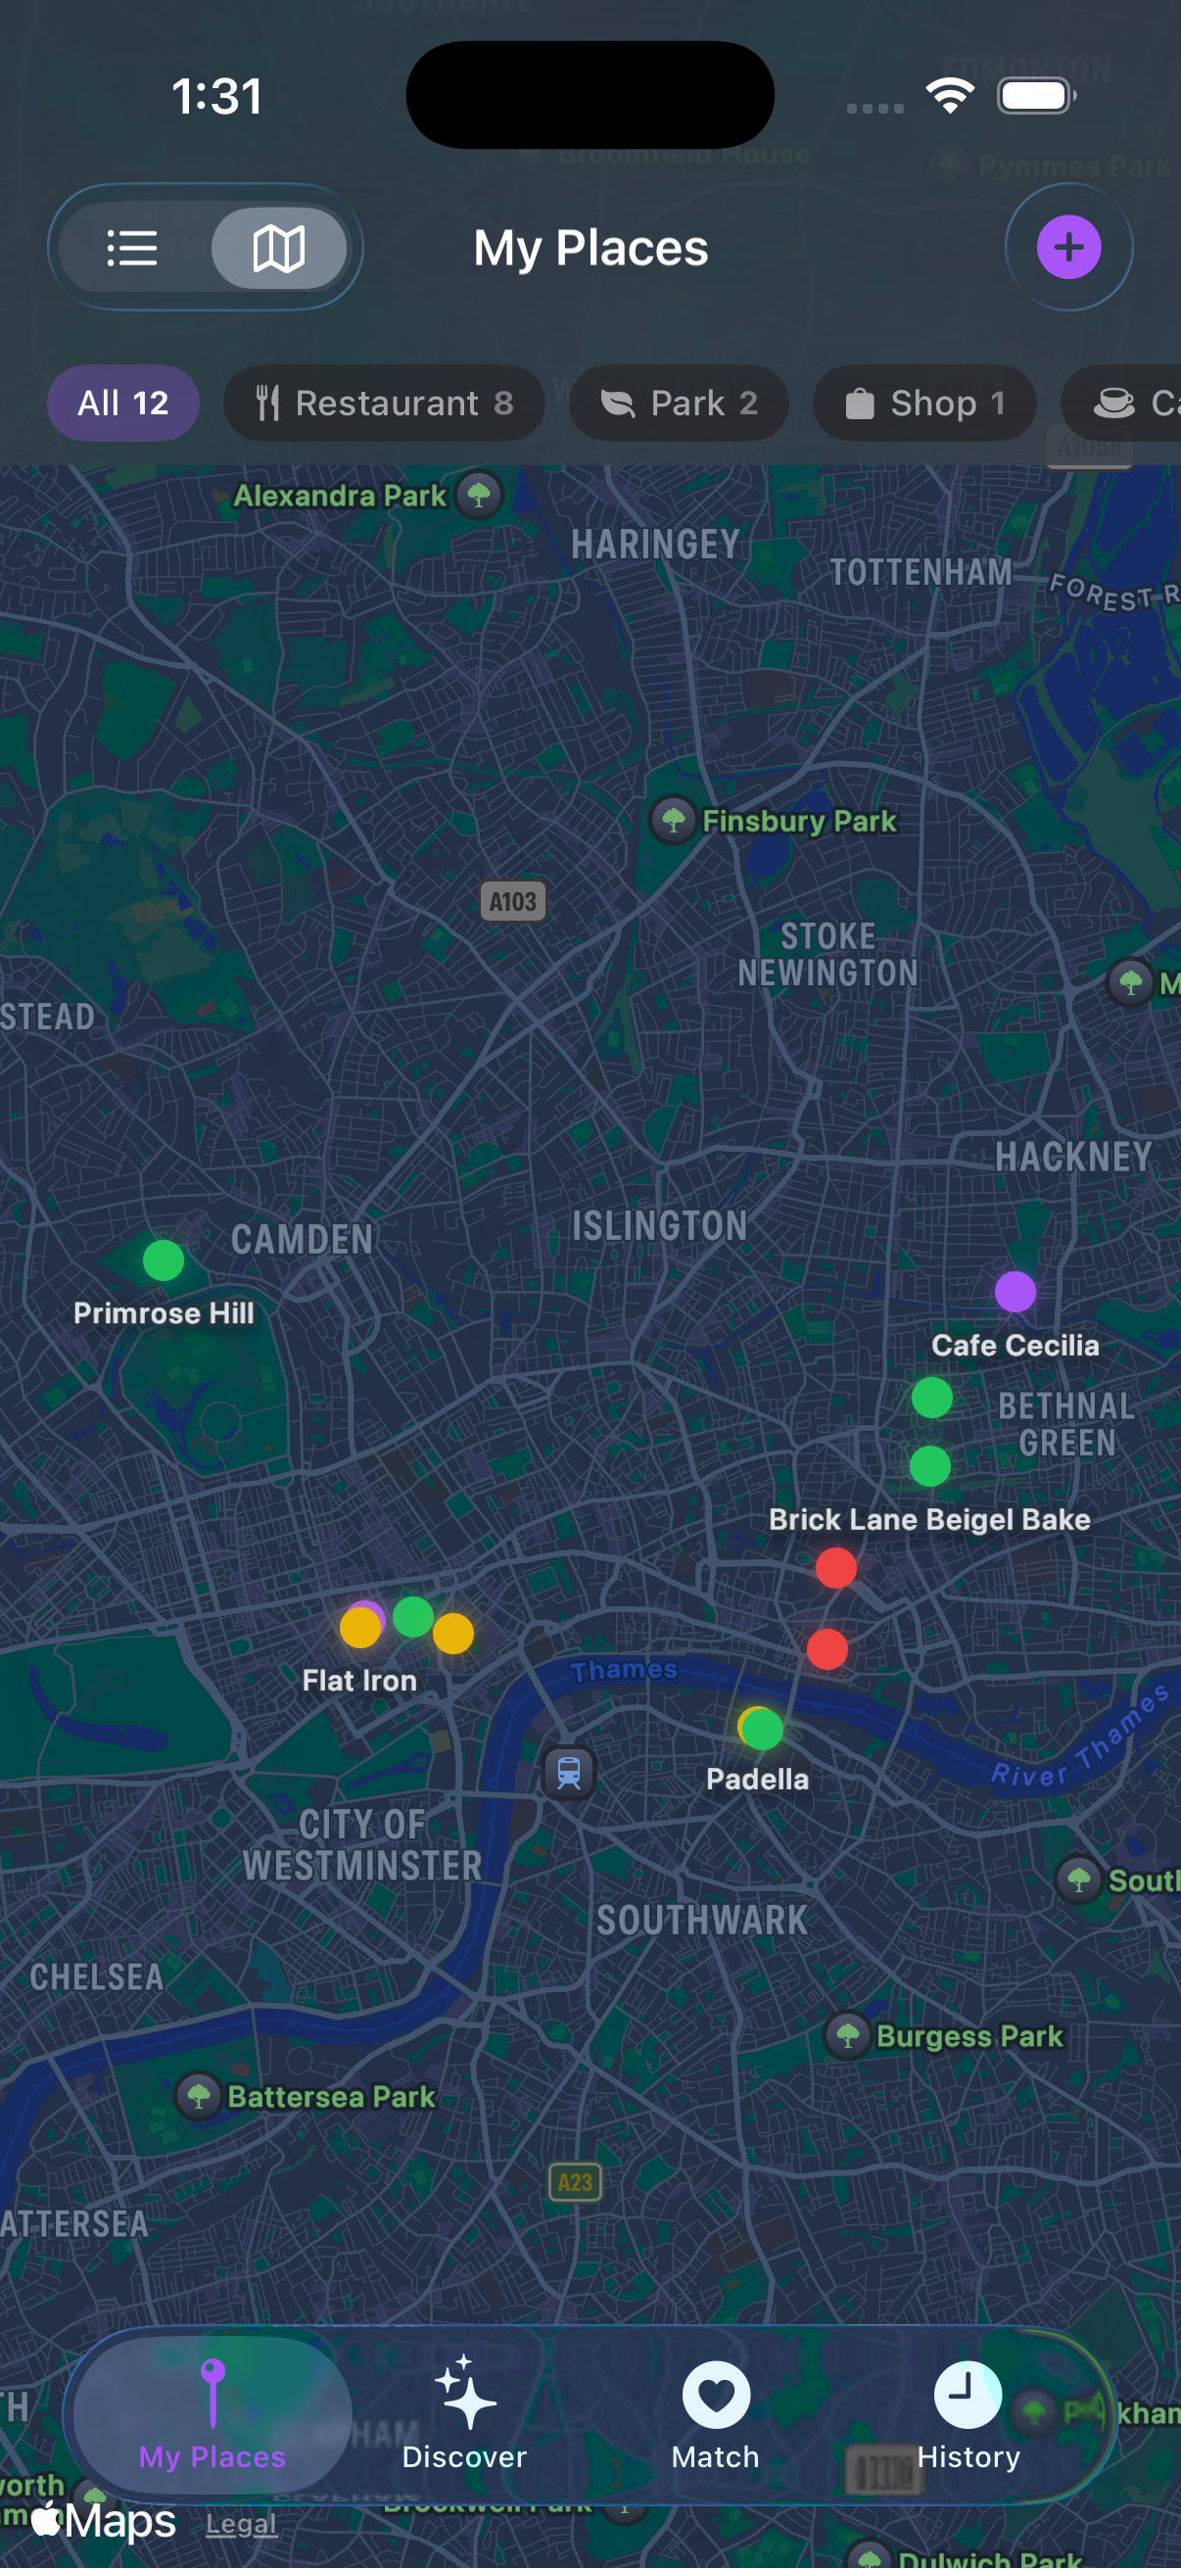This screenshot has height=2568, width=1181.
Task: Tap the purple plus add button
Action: tap(1068, 247)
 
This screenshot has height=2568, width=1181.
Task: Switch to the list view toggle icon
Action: tap(132, 248)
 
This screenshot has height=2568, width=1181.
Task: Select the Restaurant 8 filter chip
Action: tap(384, 403)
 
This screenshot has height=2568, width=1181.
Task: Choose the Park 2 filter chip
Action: tap(679, 403)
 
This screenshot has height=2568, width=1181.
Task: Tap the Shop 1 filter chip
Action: tap(923, 403)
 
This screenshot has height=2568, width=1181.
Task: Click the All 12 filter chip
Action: tap(122, 403)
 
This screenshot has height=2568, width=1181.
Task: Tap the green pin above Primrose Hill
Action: tap(164, 1260)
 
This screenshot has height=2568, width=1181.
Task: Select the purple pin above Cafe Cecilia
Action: tap(1015, 1292)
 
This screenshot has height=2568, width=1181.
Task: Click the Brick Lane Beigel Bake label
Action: tap(929, 1519)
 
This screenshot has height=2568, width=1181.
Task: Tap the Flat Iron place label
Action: tap(359, 1681)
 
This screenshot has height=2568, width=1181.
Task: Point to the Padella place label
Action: tap(757, 1780)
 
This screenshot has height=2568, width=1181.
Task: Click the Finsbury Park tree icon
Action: tap(674, 821)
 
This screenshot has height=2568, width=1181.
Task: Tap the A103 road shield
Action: tap(513, 901)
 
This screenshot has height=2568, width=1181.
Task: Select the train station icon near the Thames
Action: tap(569, 1774)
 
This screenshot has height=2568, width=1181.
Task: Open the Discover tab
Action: tap(464, 2412)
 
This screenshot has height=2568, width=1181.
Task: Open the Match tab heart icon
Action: tap(716, 2395)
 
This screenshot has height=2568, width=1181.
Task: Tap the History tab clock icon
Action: tap(968, 2395)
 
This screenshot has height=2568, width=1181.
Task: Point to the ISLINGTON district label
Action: tap(659, 1226)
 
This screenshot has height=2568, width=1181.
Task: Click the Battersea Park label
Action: tap(331, 2097)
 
